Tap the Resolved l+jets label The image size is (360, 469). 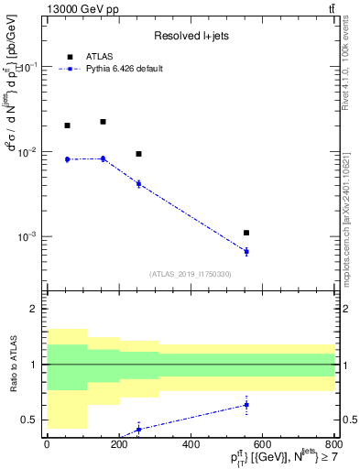click(189, 37)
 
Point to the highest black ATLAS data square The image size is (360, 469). click(103, 122)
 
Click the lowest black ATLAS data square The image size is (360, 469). click(246, 233)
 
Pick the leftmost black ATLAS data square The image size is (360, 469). click(67, 125)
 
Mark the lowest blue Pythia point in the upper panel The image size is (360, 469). click(246, 251)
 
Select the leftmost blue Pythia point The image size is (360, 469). click(67, 159)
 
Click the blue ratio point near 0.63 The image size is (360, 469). click(246, 405)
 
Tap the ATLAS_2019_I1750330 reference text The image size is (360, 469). click(190, 274)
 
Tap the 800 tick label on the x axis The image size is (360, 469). click(333, 444)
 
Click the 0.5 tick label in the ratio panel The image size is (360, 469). click(31, 420)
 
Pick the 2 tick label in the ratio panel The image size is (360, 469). click(35, 309)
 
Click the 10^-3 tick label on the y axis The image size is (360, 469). click(27, 236)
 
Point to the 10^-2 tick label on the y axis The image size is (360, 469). click(27, 152)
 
